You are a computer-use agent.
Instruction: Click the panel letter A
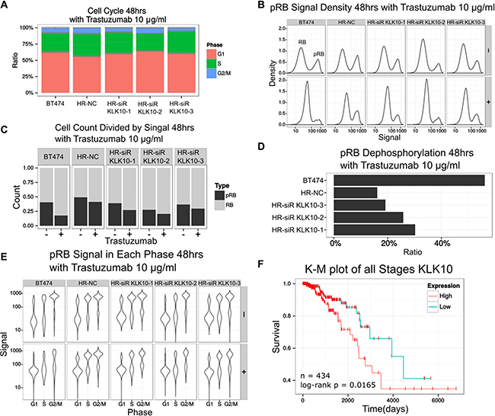pos(6,6)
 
